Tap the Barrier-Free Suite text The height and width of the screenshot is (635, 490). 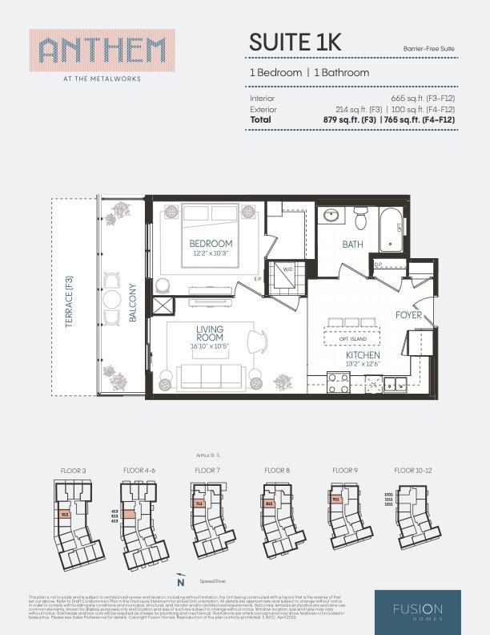click(429, 49)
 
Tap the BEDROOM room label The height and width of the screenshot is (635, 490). click(211, 244)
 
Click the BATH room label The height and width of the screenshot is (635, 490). click(352, 245)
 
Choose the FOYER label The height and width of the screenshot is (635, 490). click(408, 315)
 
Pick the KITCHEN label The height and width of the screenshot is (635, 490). click(363, 355)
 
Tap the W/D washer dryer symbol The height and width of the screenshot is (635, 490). click(287, 270)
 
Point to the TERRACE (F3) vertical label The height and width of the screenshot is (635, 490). click(70, 298)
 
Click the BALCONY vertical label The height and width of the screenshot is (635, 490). click(133, 304)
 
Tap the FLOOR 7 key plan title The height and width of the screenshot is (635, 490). click(207, 470)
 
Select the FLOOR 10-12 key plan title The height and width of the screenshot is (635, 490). click(413, 470)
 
